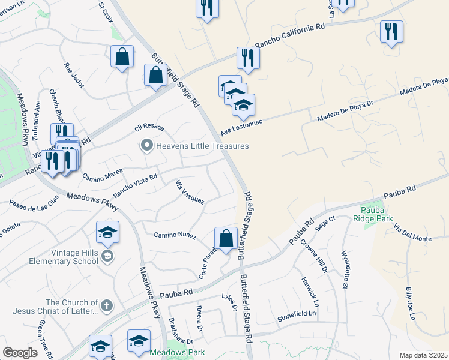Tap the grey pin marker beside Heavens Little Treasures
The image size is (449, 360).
(146, 146)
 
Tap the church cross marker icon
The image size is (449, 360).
(106, 306)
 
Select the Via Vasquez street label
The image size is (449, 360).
(190, 191)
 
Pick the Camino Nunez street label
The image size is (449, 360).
(175, 236)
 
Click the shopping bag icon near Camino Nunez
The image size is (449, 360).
(226, 238)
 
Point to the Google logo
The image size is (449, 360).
(20, 353)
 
